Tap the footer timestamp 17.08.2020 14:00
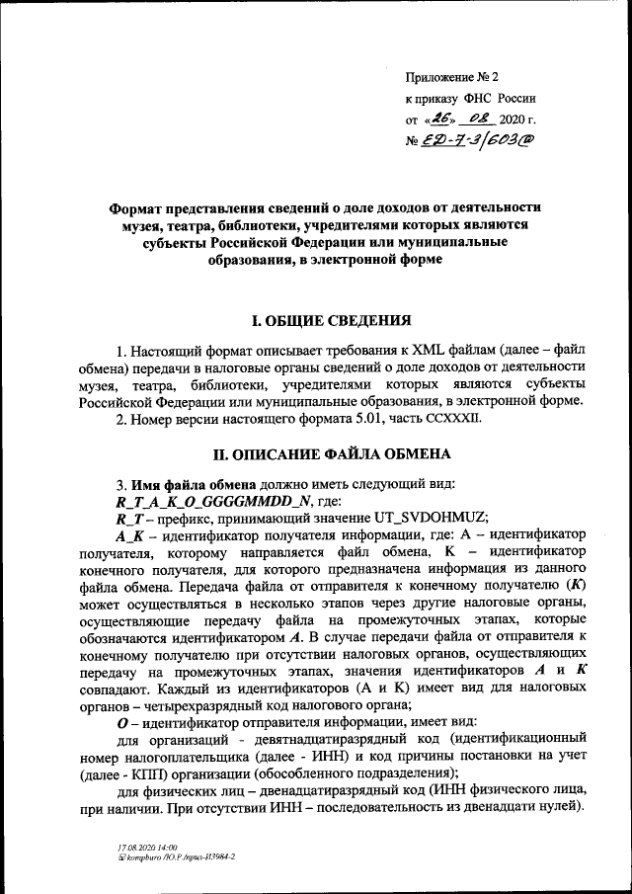(x=148, y=849)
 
